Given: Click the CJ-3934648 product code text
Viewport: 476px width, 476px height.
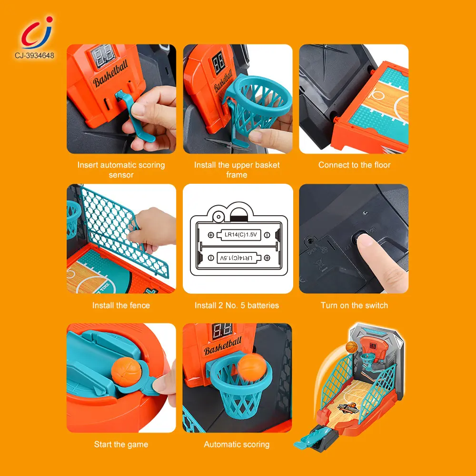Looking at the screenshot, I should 34,56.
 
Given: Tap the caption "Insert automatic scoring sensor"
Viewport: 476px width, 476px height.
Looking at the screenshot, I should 121,170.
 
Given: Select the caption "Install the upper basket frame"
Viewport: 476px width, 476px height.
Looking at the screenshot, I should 237,170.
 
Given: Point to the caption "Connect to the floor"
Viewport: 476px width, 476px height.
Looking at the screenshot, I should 354,165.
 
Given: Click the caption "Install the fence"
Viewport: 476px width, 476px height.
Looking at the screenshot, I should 121,306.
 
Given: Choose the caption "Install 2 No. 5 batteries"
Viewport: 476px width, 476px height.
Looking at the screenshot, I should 237,306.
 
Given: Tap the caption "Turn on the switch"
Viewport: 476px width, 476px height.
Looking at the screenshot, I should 354,306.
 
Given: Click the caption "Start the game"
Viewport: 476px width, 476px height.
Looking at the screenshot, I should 121,445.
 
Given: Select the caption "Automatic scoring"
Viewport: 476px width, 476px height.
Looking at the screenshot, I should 237,445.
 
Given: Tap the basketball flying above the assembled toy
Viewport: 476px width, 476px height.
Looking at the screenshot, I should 351,347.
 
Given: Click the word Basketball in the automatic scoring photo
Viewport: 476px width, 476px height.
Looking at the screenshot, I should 223,347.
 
